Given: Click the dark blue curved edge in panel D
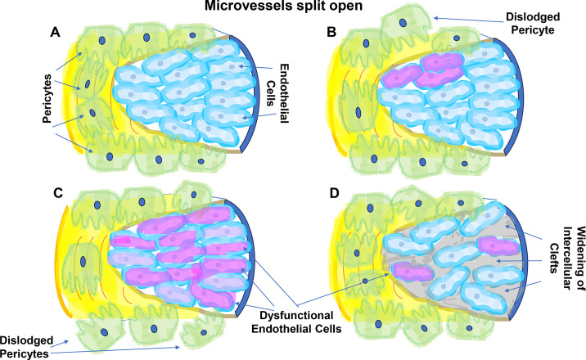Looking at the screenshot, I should point(525,262).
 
